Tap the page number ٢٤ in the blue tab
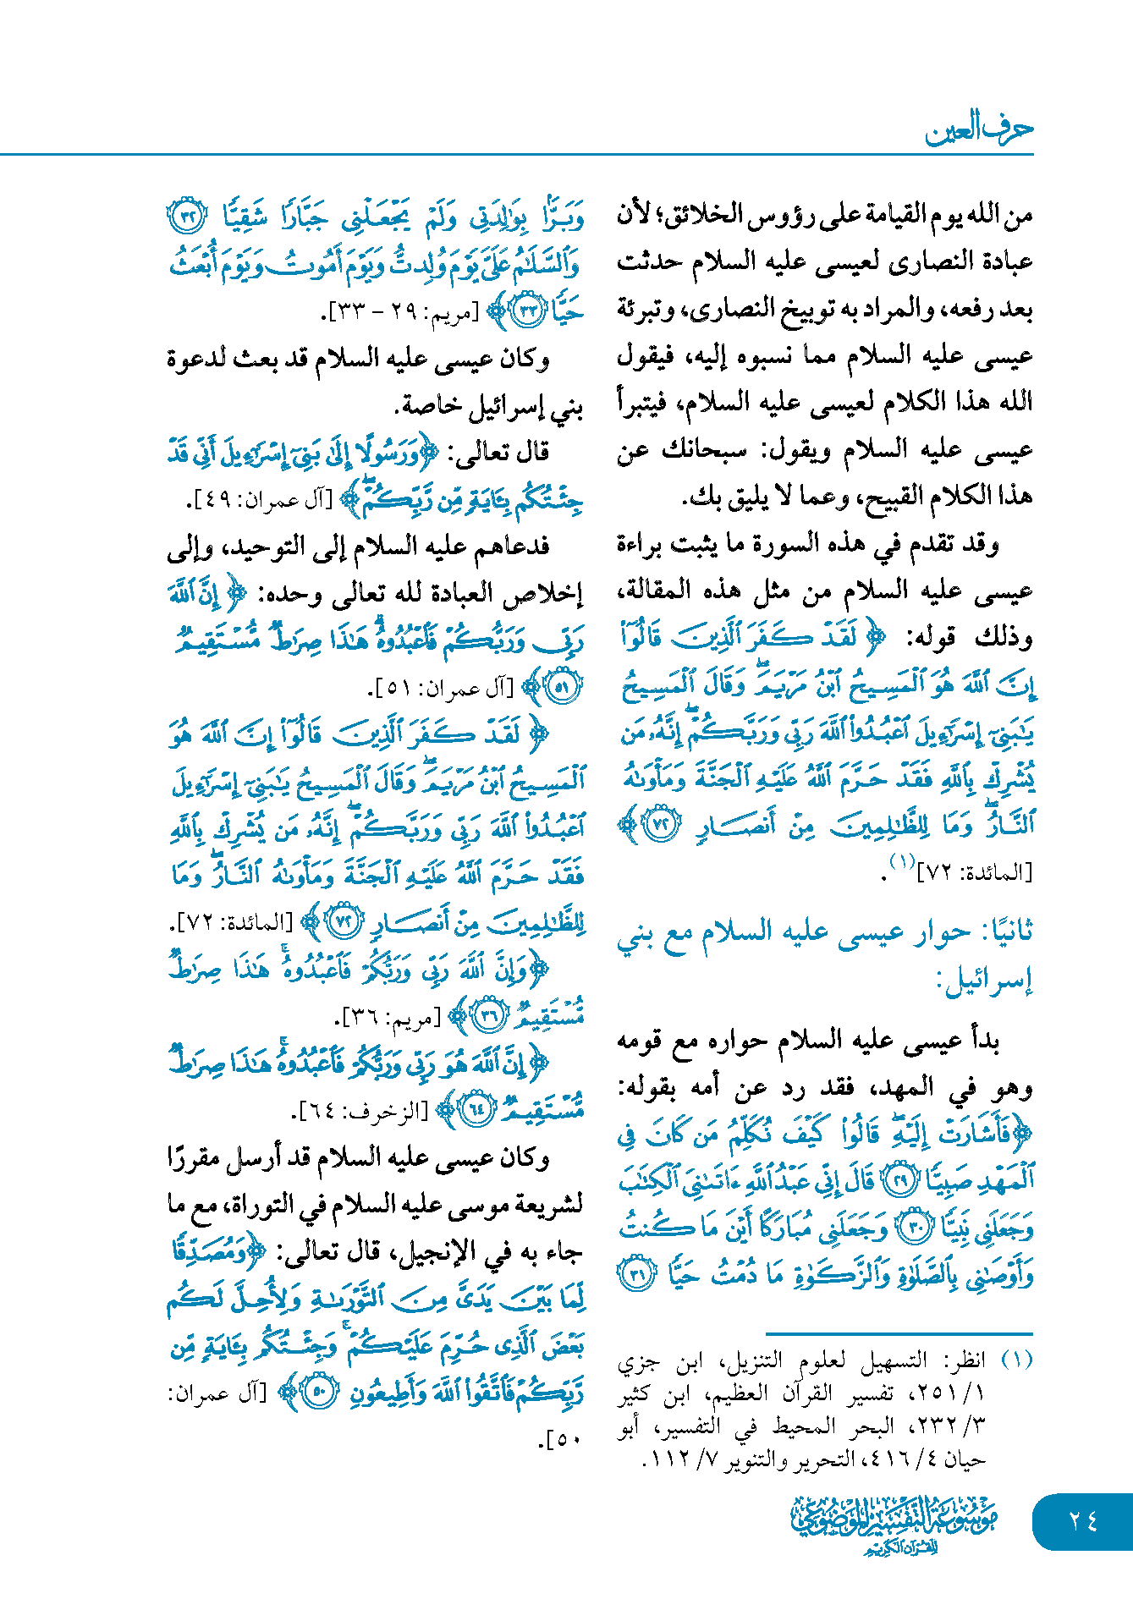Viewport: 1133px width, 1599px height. coord(1082,1520)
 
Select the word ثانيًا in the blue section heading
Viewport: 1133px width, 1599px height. coord(1007,932)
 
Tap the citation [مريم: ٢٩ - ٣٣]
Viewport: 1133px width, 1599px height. coord(403,312)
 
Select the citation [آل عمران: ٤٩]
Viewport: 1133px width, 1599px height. coord(263,501)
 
